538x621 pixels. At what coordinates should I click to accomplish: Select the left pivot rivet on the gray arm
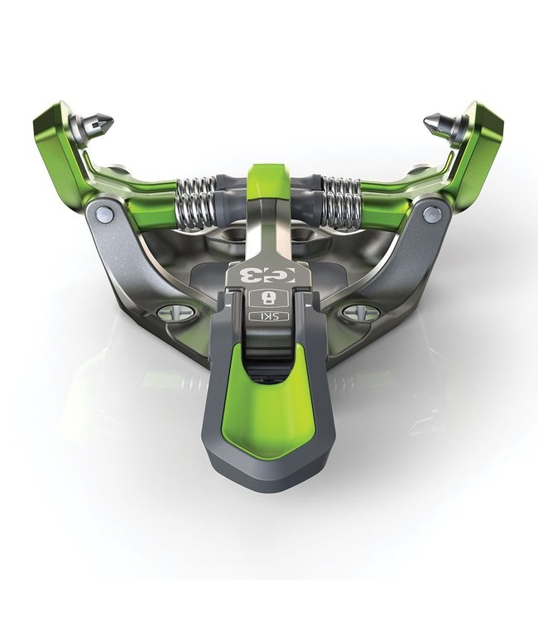point(104,214)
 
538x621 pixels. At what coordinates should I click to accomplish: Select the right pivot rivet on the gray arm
point(430,214)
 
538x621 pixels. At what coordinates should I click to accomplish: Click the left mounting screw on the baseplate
point(175,312)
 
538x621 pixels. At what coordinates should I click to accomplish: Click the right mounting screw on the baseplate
point(363,313)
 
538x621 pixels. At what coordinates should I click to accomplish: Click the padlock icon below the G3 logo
point(267,298)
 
